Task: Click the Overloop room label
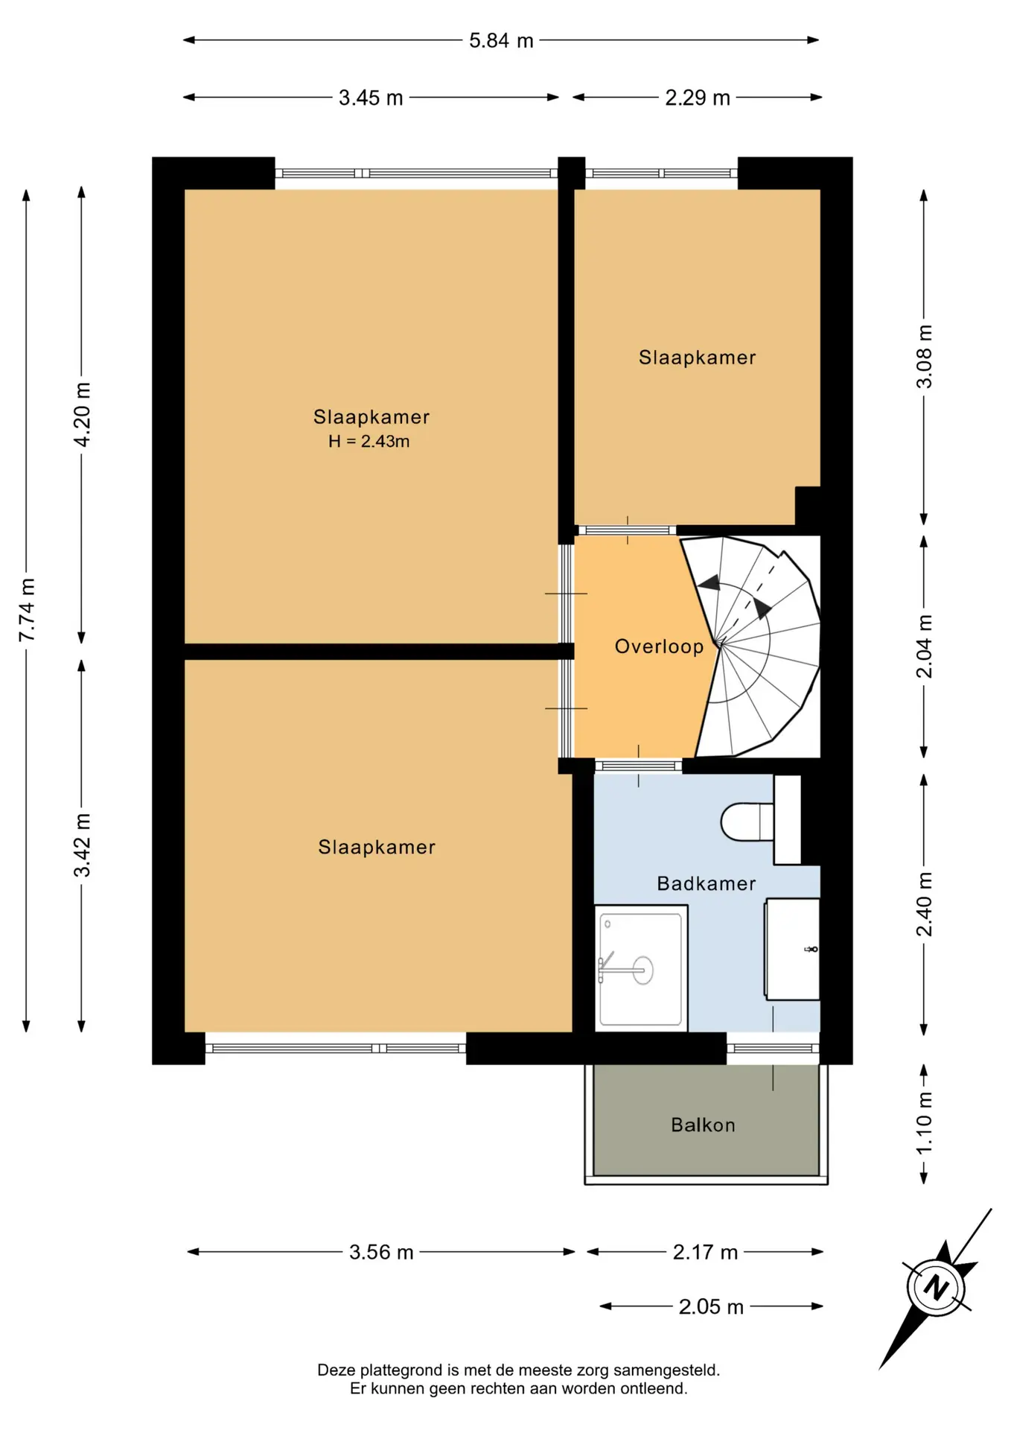(659, 646)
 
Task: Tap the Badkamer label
(707, 883)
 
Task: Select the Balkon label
(703, 1125)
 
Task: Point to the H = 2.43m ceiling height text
(369, 442)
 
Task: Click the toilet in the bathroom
(748, 822)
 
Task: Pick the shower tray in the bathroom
(641, 968)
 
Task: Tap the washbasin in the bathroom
(792, 949)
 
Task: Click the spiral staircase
(756, 646)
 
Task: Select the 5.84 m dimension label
(501, 40)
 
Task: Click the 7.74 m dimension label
(27, 610)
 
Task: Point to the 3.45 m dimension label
(371, 98)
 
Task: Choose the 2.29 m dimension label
(698, 98)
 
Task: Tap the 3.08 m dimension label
(924, 357)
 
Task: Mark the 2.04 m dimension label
(924, 646)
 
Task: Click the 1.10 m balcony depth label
(924, 1123)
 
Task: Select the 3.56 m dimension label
(381, 1252)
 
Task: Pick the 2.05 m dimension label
(711, 1307)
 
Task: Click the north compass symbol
(937, 1288)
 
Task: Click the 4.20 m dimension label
(82, 415)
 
